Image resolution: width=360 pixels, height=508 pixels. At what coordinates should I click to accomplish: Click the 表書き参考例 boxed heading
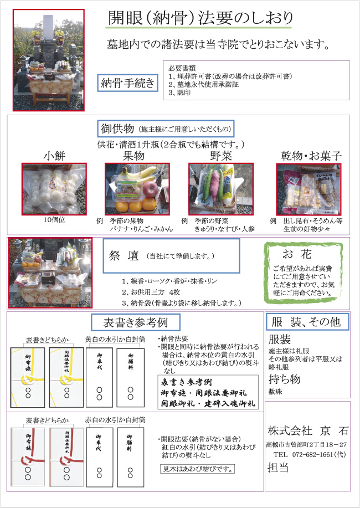pos(135,322)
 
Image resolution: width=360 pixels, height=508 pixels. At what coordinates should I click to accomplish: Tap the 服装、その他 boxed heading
pos(307,322)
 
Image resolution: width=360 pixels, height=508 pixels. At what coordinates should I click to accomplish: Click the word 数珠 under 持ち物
pos(276,391)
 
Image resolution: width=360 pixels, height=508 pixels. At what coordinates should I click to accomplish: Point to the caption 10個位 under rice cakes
pos(54,219)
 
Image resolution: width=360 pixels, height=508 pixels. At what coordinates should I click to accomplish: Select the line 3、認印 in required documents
pos(179,94)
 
